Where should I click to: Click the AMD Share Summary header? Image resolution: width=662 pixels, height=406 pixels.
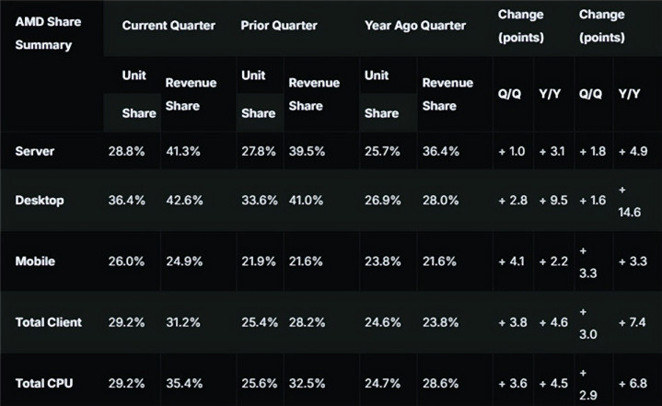[47, 34]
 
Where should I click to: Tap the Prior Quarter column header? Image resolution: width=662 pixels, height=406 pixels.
[280, 26]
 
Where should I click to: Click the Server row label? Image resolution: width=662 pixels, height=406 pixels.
[35, 149]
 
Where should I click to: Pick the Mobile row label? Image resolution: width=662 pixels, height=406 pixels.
[36, 261]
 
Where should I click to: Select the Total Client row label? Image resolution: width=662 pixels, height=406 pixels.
[49, 322]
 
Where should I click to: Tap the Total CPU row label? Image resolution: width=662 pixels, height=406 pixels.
[43, 380]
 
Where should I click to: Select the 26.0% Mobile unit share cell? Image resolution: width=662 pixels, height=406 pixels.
[127, 261]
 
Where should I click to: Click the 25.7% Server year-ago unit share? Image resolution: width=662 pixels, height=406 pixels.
[383, 149]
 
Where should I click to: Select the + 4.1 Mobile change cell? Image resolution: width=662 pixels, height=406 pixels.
[514, 261]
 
